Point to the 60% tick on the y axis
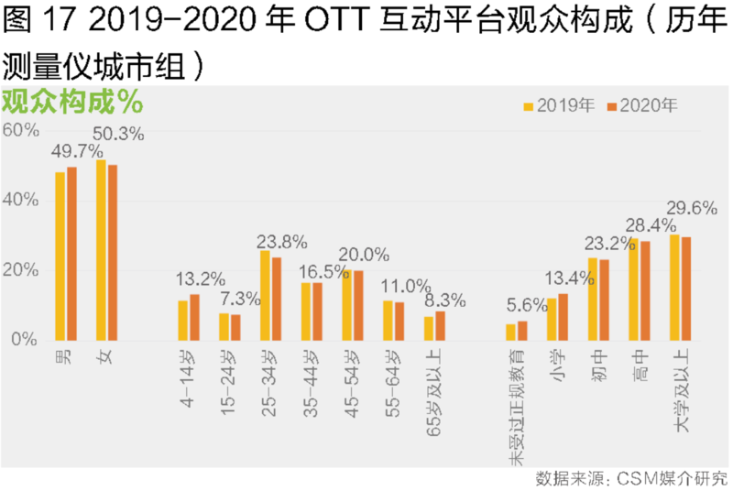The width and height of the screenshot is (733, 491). (x=19, y=130)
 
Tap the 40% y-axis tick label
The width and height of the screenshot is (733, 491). (x=19, y=200)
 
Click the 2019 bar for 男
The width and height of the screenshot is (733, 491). (x=60, y=256)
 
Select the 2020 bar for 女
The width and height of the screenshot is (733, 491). (x=113, y=252)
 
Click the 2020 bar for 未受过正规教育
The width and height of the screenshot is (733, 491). (x=523, y=330)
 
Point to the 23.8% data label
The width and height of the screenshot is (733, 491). (x=281, y=243)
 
